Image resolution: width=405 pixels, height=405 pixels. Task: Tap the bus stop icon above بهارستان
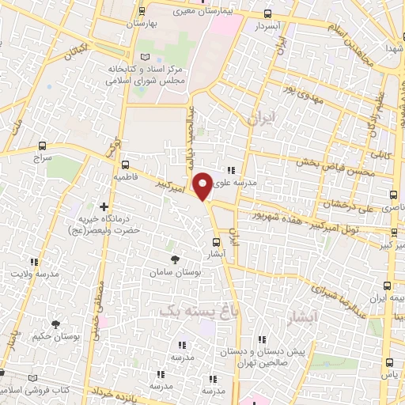click(x=142, y=11)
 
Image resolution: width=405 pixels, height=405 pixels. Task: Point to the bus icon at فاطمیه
click(x=126, y=166)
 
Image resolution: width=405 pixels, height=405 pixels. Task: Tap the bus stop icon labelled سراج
click(x=42, y=146)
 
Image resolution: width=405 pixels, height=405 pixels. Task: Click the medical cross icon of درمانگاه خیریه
click(x=104, y=206)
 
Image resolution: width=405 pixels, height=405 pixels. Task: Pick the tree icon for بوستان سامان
click(x=176, y=259)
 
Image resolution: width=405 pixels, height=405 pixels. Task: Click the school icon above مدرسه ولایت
click(x=33, y=262)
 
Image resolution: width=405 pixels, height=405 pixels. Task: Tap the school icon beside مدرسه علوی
click(x=231, y=169)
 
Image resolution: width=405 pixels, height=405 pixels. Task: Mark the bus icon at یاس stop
click(x=389, y=361)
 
